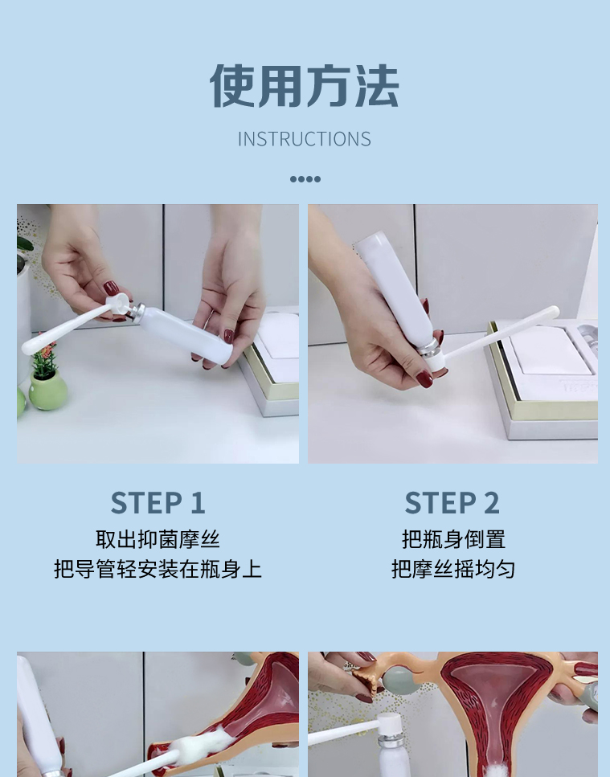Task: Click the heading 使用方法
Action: click(305, 86)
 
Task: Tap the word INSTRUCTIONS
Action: click(305, 139)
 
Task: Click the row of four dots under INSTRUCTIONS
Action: click(305, 179)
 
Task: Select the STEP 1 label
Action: click(158, 503)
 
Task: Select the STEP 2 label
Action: click(452, 503)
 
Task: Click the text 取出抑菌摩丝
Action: click(158, 540)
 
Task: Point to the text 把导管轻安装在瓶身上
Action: click(158, 569)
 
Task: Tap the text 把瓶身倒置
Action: click(453, 540)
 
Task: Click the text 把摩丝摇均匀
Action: click(453, 569)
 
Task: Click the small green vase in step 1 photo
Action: click(47, 390)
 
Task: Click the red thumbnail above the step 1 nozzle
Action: click(111, 288)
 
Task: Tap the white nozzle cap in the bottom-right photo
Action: click(389, 726)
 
